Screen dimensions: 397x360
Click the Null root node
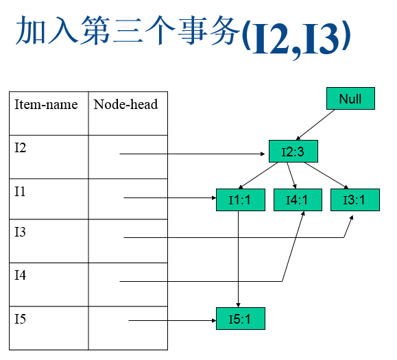click(350, 99)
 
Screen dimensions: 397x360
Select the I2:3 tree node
click(293, 151)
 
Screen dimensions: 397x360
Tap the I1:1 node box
click(241, 200)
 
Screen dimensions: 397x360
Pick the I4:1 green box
click(298, 200)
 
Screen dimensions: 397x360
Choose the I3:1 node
click(355, 200)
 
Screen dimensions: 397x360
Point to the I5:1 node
click(241, 318)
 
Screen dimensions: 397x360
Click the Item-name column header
click(46, 104)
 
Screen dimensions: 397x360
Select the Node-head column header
click(125, 104)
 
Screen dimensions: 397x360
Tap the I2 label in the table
click(21, 147)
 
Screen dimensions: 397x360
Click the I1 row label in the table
click(20, 191)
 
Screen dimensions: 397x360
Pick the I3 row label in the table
click(21, 232)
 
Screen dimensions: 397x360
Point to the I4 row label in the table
click(21, 275)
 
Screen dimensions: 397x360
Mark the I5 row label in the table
click(21, 319)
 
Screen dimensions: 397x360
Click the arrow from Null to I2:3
click(315, 125)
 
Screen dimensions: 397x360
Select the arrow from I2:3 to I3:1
click(326, 176)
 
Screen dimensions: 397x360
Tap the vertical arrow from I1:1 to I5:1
click(238, 259)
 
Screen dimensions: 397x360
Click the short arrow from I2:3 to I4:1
click(291, 176)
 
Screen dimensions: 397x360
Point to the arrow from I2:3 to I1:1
click(258, 176)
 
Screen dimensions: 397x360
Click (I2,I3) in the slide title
click(296, 38)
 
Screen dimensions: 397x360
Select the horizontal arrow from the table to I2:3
click(192, 154)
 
